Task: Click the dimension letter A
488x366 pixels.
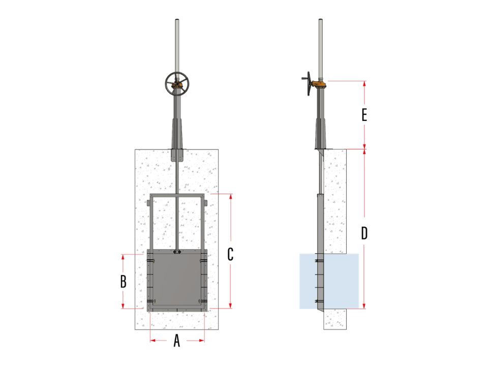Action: pyautogui.click(x=177, y=341)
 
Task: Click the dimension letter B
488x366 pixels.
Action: pyautogui.click(x=123, y=281)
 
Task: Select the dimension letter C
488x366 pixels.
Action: pyautogui.click(x=230, y=254)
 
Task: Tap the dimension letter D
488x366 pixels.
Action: pyautogui.click(x=364, y=233)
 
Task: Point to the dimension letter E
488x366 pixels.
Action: pyautogui.click(x=364, y=115)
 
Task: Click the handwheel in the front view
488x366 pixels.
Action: pyautogui.click(x=177, y=84)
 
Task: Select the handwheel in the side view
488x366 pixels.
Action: pyautogui.click(x=308, y=83)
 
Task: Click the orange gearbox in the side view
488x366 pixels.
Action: pyautogui.click(x=319, y=84)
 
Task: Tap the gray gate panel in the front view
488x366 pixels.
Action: pyautogui.click(x=176, y=280)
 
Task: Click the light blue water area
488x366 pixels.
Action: pyautogui.click(x=341, y=281)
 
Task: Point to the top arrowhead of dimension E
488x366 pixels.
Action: pyautogui.click(x=364, y=84)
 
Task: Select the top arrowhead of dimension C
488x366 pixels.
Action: pyautogui.click(x=231, y=197)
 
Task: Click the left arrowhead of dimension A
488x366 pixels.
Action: pyautogui.click(x=153, y=341)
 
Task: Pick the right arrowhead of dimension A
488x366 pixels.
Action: pyautogui.click(x=202, y=341)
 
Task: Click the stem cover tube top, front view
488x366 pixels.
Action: pyautogui.click(x=177, y=20)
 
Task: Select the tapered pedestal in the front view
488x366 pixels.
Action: pyautogui.click(x=177, y=134)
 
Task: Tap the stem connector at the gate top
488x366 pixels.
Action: pyautogui.click(x=177, y=252)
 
